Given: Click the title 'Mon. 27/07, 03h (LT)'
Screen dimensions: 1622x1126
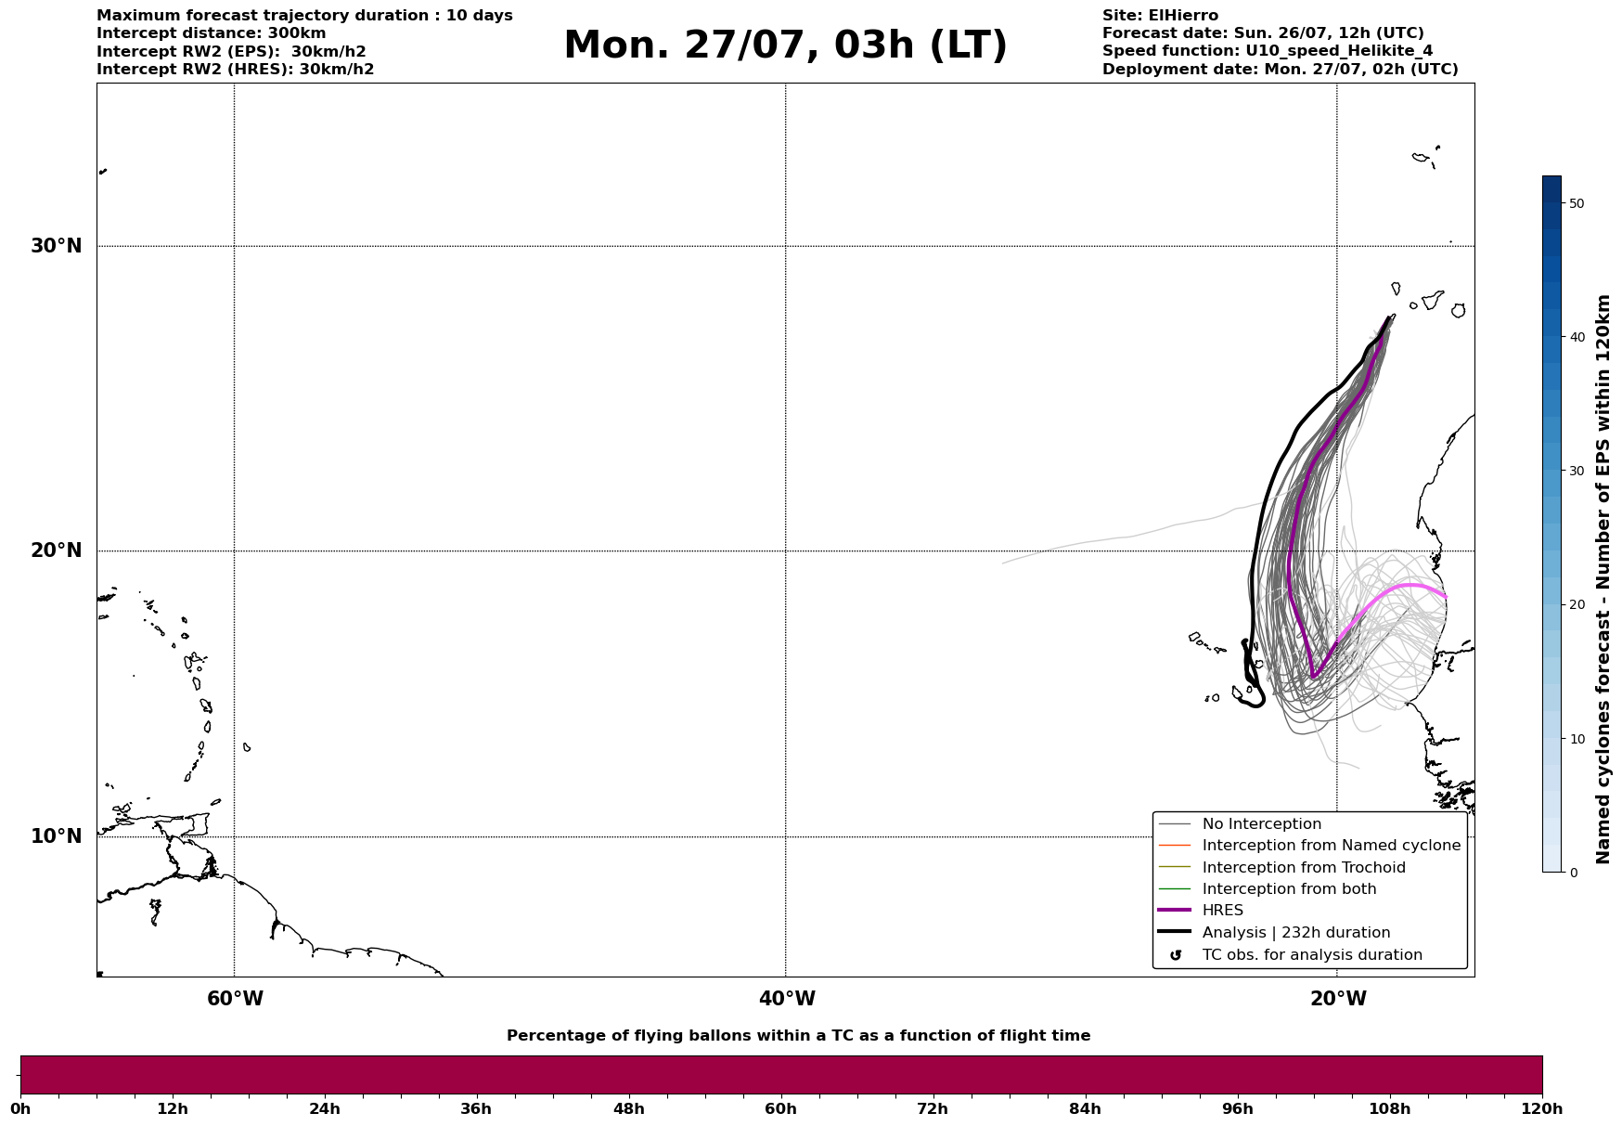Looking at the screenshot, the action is (785, 45).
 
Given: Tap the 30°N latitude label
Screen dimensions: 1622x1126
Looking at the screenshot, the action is (57, 246).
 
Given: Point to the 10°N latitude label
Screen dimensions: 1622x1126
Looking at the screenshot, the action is (57, 836).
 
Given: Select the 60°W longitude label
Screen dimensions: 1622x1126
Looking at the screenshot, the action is (235, 999).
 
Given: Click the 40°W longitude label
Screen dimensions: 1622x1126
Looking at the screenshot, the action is (787, 999).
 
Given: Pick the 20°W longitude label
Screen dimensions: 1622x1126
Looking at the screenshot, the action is (1338, 999).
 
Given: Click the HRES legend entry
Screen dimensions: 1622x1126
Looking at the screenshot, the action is (1222, 911).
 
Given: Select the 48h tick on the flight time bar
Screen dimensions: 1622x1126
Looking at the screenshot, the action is (628, 1109).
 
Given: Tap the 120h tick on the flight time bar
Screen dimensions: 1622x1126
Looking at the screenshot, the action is (1542, 1109).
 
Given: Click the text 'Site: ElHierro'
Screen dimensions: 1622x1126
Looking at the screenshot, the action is (1160, 16).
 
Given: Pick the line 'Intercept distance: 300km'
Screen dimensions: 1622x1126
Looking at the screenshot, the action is (212, 33).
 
